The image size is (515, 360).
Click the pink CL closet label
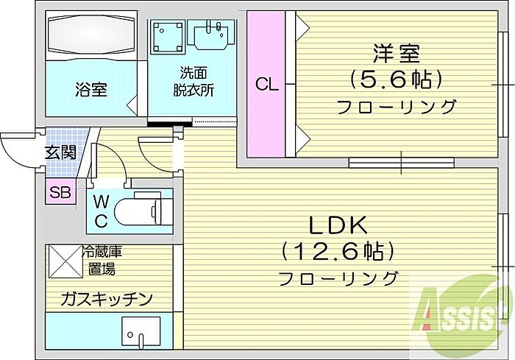(266, 85)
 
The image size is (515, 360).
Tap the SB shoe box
(60, 192)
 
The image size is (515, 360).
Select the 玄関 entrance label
(60, 152)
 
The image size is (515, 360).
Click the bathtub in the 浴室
(91, 35)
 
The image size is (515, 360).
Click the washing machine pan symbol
(167, 37)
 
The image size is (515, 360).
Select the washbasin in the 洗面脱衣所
(211, 35)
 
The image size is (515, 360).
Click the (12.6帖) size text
(337, 252)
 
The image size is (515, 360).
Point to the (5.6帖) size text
(397, 80)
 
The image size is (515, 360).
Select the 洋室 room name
(396, 54)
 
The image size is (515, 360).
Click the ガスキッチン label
(107, 299)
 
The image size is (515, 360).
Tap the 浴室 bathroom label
(91, 89)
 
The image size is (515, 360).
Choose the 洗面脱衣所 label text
(193, 81)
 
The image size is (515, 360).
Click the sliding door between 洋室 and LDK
(402, 163)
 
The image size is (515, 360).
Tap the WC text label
(101, 211)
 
